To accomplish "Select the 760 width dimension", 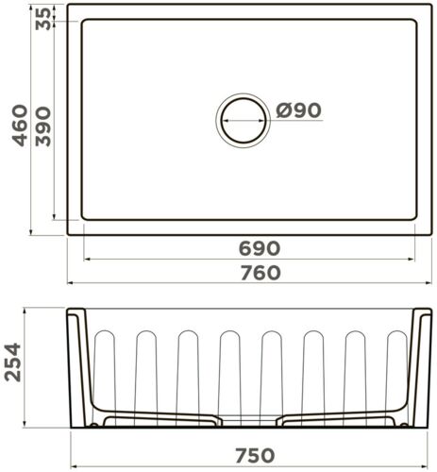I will click(x=260, y=273).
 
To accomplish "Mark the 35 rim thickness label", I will click(x=44, y=18).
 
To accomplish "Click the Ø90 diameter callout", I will click(x=300, y=110).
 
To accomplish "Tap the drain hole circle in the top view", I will click(x=243, y=120).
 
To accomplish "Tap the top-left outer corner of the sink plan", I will click(x=68, y=9).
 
